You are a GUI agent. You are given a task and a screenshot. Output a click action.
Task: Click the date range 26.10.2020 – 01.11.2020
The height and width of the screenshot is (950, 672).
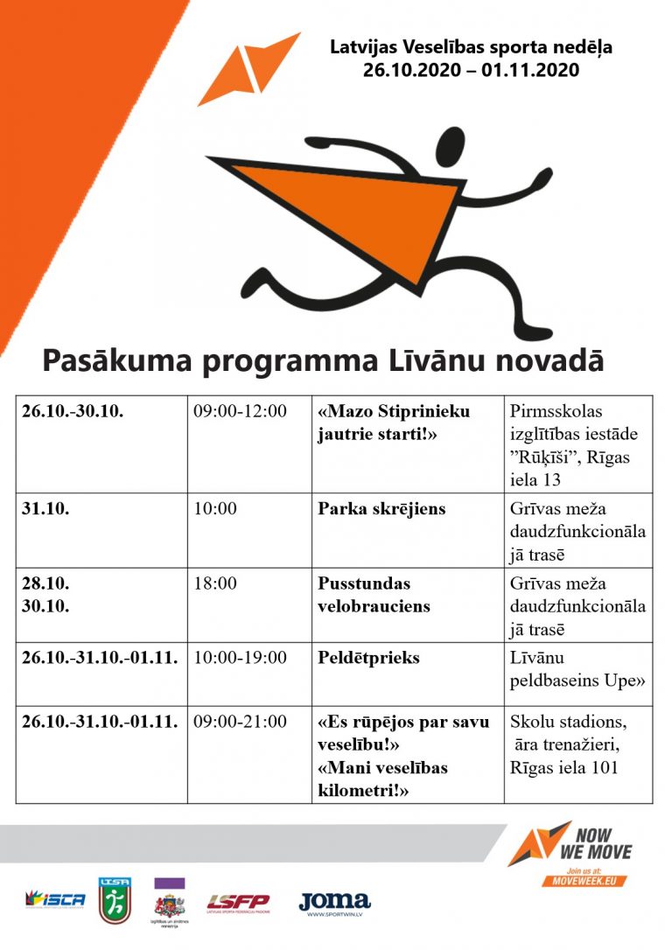[x=471, y=70]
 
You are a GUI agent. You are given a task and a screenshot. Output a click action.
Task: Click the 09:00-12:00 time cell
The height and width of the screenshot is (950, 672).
[x=240, y=411]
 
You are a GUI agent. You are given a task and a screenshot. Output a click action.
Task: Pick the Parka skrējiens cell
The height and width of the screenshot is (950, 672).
[x=381, y=509]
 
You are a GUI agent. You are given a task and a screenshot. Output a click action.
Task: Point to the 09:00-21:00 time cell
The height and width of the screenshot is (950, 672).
[x=240, y=722]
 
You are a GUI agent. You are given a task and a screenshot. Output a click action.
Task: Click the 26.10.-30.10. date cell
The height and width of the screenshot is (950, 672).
[x=73, y=411]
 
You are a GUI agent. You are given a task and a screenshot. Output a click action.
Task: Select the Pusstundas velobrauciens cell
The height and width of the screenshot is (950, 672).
[x=374, y=595]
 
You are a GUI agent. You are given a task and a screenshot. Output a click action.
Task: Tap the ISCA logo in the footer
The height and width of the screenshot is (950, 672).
[x=55, y=899]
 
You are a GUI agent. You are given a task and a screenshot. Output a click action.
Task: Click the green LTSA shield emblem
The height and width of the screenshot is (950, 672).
[x=114, y=901]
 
